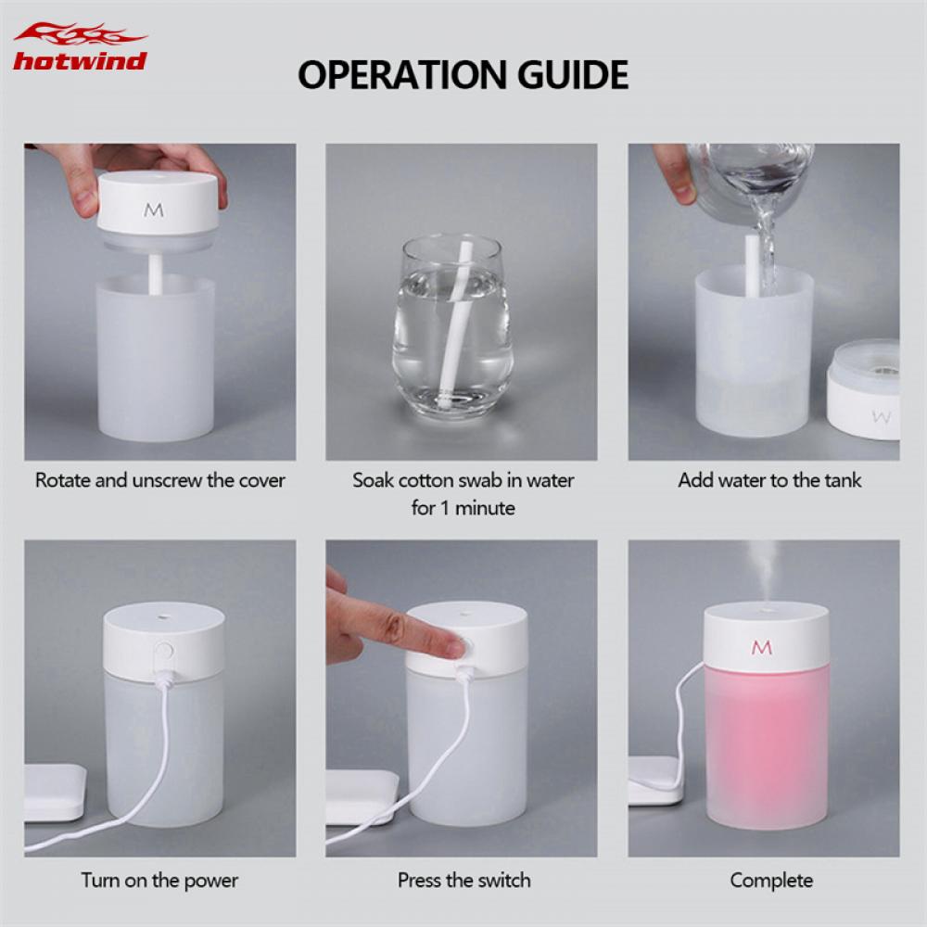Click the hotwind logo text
(80, 62)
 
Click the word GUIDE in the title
(575, 74)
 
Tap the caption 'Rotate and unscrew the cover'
(160, 480)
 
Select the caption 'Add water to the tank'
(769, 480)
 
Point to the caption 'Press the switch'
(464, 880)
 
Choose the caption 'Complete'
(771, 880)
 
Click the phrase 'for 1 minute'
(463, 508)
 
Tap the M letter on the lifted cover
(154, 210)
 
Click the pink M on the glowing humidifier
(762, 648)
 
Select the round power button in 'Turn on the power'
(165, 652)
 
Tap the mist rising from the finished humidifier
(762, 570)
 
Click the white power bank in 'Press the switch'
(362, 795)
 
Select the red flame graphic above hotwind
(80, 35)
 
